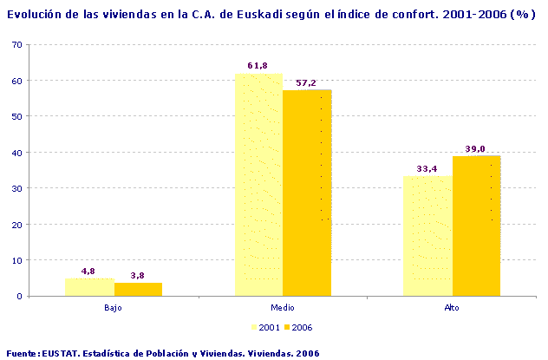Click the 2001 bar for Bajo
point(89,287)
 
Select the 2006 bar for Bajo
point(138,289)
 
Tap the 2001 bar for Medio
point(258,185)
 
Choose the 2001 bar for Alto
point(427,236)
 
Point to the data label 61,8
point(258,66)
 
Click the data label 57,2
point(306,82)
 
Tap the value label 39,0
point(476,148)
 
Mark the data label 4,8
point(88,272)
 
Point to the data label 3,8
point(138,275)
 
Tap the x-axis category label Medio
point(283,308)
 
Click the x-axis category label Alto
point(452,308)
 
